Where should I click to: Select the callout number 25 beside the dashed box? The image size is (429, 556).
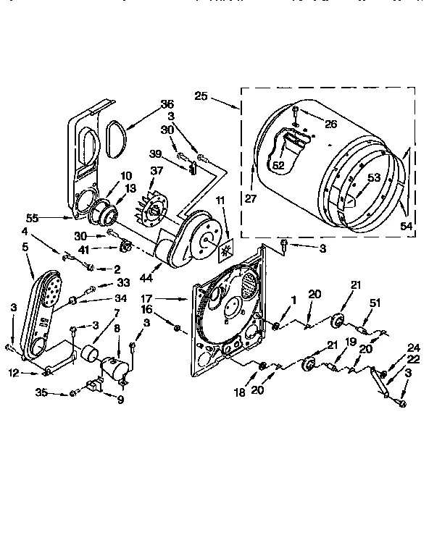pos(201,95)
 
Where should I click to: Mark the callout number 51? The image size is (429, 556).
pos(375,303)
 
